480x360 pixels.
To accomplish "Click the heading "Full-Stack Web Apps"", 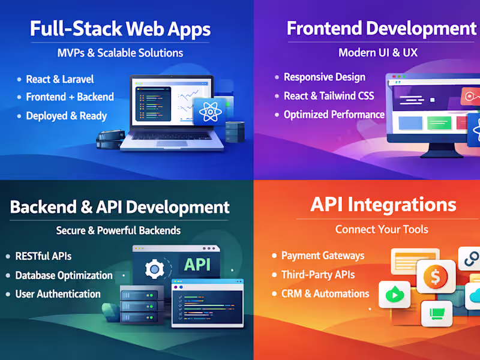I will [x=120, y=29].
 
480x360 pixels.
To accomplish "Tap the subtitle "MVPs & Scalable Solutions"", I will [x=120, y=53].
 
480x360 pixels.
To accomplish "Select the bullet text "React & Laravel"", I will [x=59, y=79].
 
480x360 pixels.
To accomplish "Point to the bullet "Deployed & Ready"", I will [x=66, y=116].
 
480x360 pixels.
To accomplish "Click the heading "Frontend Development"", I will [x=381, y=28].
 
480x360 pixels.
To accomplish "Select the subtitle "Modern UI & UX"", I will [x=377, y=52].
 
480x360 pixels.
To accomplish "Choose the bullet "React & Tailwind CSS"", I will [x=328, y=96].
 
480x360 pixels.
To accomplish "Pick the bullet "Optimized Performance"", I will [x=334, y=115].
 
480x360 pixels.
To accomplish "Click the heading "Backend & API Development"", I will [x=120, y=208].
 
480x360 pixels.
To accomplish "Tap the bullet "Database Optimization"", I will [x=64, y=275].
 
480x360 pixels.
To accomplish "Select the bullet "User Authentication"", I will [x=58, y=294].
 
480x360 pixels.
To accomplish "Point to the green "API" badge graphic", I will [x=197, y=265].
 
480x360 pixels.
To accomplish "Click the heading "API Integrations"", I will [x=383, y=205].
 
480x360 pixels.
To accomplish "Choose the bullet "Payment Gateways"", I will [x=323, y=256].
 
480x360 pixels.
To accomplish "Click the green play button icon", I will [x=394, y=295].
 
